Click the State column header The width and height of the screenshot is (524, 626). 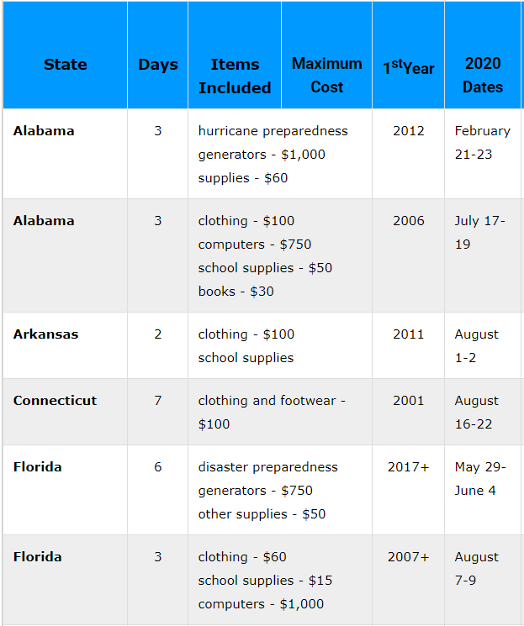point(65,65)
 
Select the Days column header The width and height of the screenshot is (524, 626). point(157,65)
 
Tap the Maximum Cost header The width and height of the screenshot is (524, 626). point(326,75)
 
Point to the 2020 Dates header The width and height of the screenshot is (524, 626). point(483,75)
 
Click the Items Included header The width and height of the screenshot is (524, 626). point(234,76)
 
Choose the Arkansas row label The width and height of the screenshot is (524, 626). point(45,334)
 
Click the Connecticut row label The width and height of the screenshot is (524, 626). point(55,401)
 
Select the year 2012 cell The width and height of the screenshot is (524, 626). point(408,131)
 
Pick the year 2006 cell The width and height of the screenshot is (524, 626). point(408,221)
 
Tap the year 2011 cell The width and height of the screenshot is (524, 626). point(408,334)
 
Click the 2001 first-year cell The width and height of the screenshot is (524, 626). point(408,401)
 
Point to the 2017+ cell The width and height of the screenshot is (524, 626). point(408,467)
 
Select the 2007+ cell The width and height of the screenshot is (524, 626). point(408,557)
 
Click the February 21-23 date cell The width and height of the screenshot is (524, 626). point(482,143)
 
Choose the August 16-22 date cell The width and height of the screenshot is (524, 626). point(477,413)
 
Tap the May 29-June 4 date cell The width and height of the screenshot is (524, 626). point(480,479)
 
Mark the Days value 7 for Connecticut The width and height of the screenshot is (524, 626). point(157,401)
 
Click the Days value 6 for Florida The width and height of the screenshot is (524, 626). point(157,467)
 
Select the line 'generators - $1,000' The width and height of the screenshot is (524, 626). point(262,155)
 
